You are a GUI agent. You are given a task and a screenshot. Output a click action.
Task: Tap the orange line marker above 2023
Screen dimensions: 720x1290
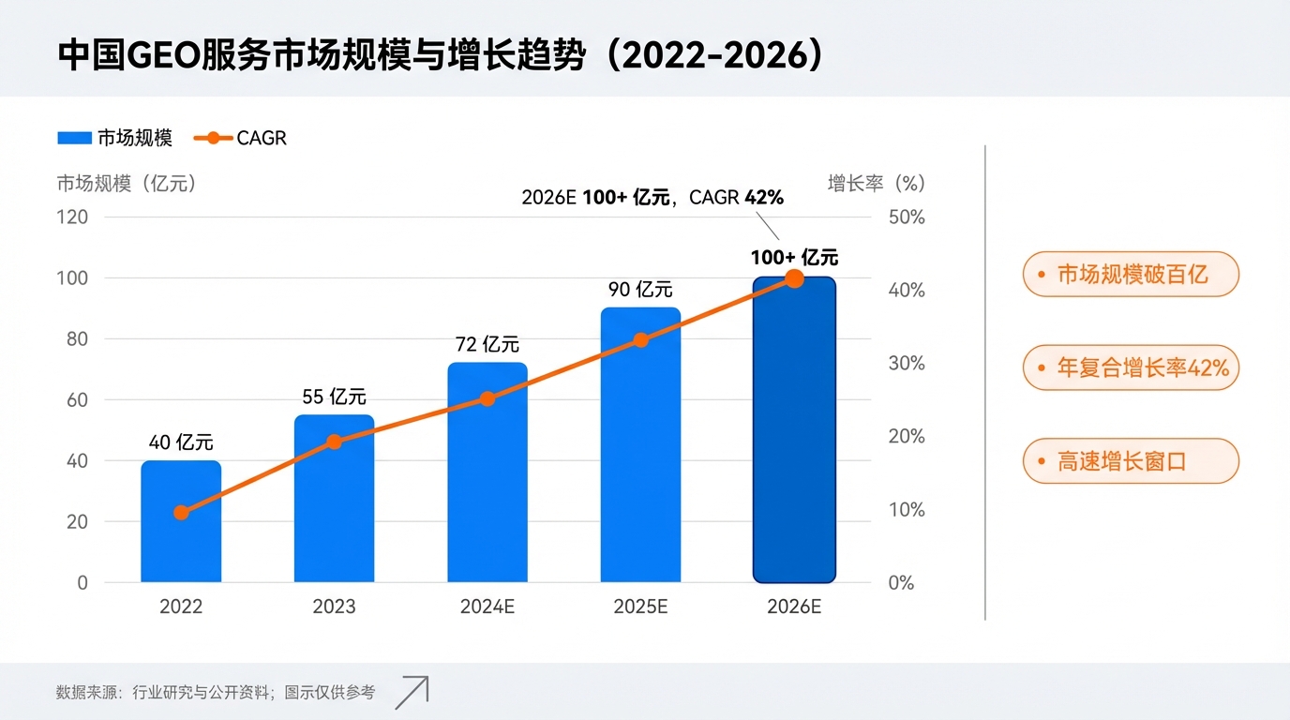tap(334, 442)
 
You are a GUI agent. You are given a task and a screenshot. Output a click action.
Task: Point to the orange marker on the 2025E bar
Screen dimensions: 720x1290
tap(641, 340)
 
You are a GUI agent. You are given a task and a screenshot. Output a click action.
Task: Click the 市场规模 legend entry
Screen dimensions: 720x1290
tap(114, 138)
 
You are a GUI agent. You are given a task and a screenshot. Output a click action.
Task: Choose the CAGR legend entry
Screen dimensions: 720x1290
tap(240, 138)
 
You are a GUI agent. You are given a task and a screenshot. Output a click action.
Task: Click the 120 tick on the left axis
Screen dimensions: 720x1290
tap(72, 217)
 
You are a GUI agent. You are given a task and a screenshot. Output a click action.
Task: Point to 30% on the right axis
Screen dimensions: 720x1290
tap(906, 363)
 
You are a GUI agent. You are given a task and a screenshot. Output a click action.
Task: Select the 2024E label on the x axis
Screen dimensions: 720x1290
tap(487, 607)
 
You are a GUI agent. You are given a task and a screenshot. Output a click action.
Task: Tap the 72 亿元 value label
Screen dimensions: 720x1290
tap(487, 344)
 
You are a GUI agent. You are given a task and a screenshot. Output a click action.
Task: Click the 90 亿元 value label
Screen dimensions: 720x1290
tap(640, 290)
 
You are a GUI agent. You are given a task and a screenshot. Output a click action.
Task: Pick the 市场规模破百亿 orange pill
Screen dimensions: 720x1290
tap(1131, 275)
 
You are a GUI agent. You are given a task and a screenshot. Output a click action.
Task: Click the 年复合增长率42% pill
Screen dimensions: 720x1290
tap(1131, 367)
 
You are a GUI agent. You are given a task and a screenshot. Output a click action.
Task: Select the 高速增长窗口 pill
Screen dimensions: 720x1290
tap(1131, 461)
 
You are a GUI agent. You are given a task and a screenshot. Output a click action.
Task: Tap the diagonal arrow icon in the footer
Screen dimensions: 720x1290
tap(412, 692)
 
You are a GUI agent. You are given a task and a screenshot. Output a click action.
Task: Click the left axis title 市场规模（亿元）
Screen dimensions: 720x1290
tap(127, 184)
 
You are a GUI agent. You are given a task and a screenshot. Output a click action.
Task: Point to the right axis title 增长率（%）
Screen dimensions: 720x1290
tap(876, 184)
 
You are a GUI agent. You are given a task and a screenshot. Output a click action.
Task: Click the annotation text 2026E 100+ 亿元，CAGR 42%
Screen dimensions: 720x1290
tap(652, 198)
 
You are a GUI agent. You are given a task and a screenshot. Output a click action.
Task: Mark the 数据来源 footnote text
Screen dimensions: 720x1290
tap(215, 693)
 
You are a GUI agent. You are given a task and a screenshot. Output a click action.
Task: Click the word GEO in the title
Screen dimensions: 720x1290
tap(162, 55)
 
